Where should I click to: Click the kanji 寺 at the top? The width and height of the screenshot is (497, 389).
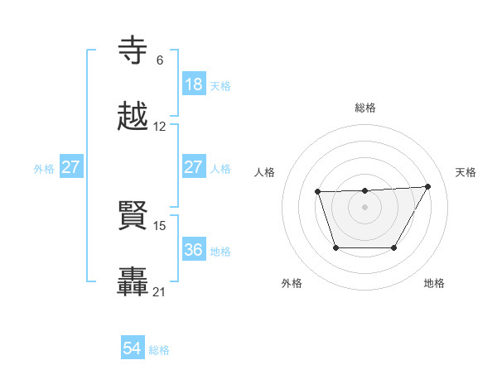pyautogui.click(x=134, y=51)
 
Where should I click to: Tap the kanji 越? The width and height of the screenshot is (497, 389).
pyautogui.click(x=134, y=117)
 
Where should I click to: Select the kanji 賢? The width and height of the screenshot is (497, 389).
pyautogui.click(x=134, y=216)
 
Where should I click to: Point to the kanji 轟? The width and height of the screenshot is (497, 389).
pyautogui.click(x=134, y=281)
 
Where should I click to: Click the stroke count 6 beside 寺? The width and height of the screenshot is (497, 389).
pyautogui.click(x=160, y=60)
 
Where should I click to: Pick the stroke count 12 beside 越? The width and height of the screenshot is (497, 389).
pyautogui.click(x=160, y=127)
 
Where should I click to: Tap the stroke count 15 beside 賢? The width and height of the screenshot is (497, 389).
pyautogui.click(x=161, y=225)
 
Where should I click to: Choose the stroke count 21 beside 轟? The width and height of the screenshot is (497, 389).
pyautogui.click(x=160, y=291)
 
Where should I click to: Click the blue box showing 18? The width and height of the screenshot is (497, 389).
pyautogui.click(x=194, y=84)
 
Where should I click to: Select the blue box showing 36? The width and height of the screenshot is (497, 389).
pyautogui.click(x=194, y=249)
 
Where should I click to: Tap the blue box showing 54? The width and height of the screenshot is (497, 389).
pyautogui.click(x=133, y=348)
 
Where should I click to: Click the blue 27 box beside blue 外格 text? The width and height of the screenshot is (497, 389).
pyautogui.click(x=71, y=167)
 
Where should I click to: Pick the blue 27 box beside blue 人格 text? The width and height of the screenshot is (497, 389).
pyautogui.click(x=194, y=167)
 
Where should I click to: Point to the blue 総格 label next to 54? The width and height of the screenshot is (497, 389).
pyautogui.click(x=159, y=350)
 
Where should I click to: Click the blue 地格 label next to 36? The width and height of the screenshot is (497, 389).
pyautogui.click(x=220, y=251)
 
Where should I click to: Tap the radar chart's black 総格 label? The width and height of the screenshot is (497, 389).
pyautogui.click(x=365, y=108)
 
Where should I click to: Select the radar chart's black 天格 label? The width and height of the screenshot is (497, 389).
pyautogui.click(x=466, y=172)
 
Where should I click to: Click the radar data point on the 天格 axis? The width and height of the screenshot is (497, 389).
pyautogui.click(x=428, y=186)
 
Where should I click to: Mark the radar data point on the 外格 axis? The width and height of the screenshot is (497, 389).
pyautogui.click(x=335, y=247)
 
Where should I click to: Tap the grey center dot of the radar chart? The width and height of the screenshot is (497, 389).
pyautogui.click(x=365, y=207)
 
